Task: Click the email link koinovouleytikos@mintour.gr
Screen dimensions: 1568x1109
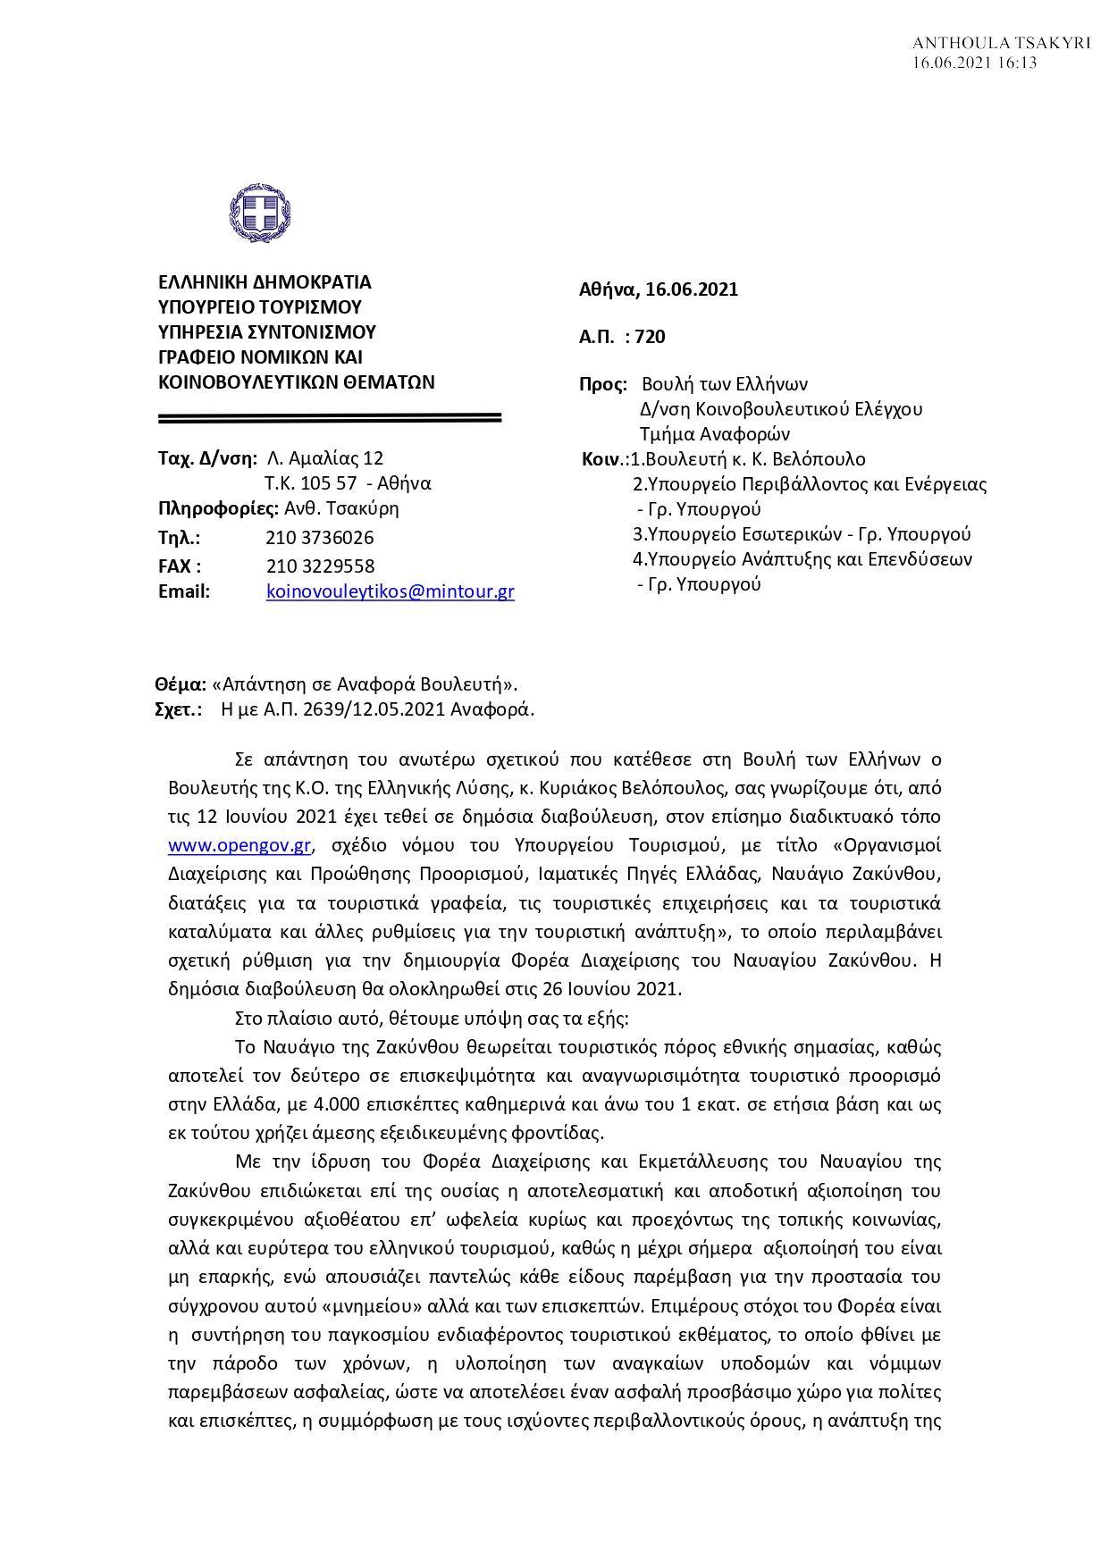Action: point(390,591)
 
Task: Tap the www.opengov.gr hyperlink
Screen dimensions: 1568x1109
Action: point(239,845)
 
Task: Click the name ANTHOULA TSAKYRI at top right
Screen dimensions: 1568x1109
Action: point(1001,43)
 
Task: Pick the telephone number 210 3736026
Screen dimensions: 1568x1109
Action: point(320,538)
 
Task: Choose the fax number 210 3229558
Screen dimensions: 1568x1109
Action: point(320,566)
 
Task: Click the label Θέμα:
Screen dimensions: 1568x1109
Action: point(181,685)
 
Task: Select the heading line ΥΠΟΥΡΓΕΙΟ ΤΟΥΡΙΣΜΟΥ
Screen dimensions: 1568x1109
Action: point(260,307)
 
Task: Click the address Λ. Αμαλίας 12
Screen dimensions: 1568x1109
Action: point(325,459)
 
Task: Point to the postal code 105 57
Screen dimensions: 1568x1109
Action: point(328,484)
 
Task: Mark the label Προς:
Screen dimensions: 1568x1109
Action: point(603,385)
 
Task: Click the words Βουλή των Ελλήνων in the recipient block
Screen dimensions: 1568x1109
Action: point(725,385)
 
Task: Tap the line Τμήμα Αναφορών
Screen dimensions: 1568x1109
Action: point(715,435)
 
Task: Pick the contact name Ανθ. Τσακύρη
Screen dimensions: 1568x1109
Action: point(341,509)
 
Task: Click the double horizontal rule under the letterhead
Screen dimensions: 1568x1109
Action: point(330,417)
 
